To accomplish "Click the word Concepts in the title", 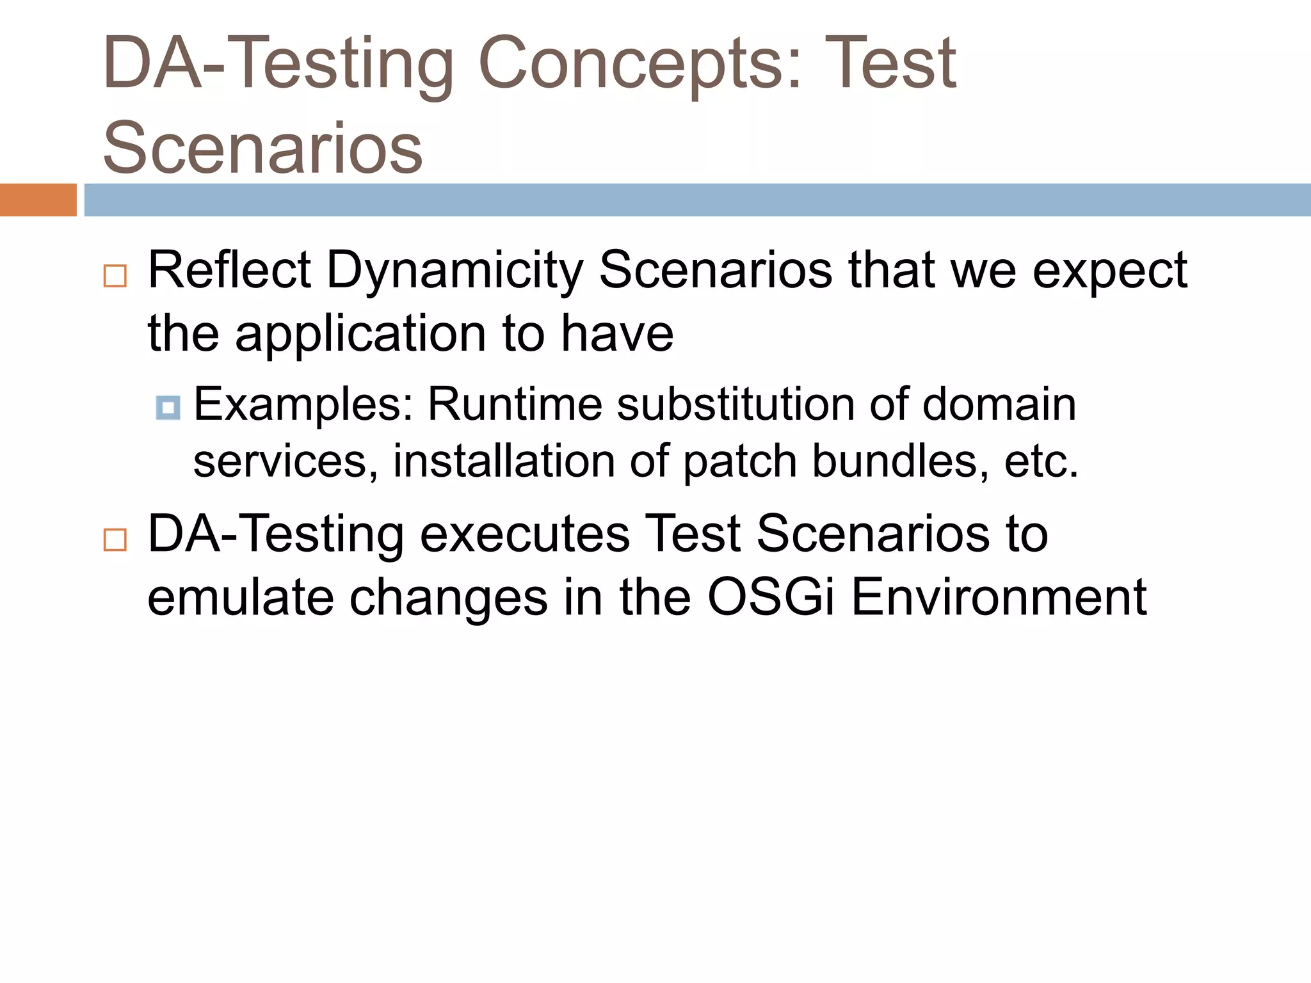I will pyautogui.click(x=639, y=64).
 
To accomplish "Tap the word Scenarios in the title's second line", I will pyautogui.click(x=262, y=148).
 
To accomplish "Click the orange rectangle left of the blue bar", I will pyautogui.click(x=38, y=200).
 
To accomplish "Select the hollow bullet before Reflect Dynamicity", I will pyautogui.click(x=115, y=276).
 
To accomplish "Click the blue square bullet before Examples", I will pyautogui.click(x=168, y=408).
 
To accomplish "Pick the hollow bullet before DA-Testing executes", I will pyautogui.click(x=115, y=541).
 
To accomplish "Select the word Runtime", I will pyautogui.click(x=515, y=404).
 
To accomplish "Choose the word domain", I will pyautogui.click(x=999, y=404).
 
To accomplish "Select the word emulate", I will pyautogui.click(x=240, y=597).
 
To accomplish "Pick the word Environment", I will pyautogui.click(x=999, y=597).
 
